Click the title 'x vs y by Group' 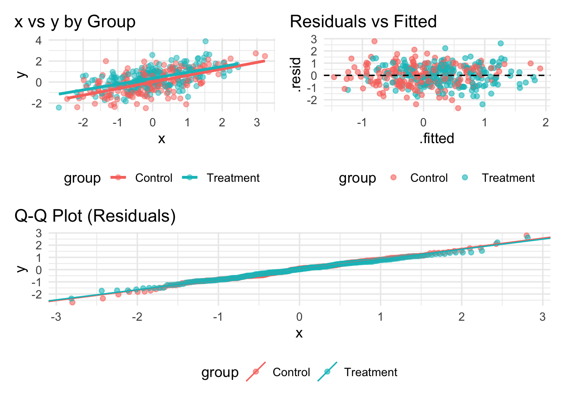[x=75, y=22]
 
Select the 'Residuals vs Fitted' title [x=363, y=22]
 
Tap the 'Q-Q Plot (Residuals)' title [x=95, y=216]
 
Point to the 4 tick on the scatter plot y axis [x=39, y=41]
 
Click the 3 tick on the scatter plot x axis [x=257, y=123]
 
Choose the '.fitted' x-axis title [x=437, y=139]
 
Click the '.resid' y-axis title [x=296, y=75]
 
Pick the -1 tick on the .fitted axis [x=362, y=123]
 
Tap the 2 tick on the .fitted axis [x=546, y=123]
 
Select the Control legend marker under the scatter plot [x=119, y=178]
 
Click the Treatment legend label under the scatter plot [x=233, y=178]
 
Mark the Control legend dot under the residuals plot [x=393, y=178]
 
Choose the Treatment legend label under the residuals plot [x=508, y=178]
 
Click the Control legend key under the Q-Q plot [x=256, y=372]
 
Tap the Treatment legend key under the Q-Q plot [x=327, y=372]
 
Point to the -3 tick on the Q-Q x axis [x=55, y=317]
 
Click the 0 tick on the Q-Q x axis [x=299, y=317]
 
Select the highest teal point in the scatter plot [x=206, y=41]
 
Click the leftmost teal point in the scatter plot [x=59, y=107]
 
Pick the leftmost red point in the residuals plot [x=334, y=77]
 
